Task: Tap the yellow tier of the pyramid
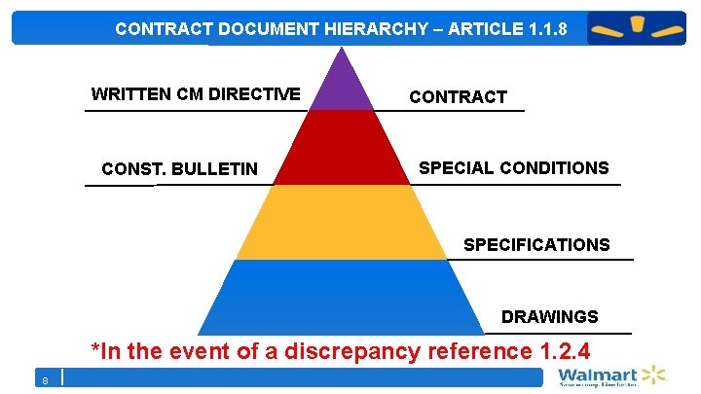coord(340,222)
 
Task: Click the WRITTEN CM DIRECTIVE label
coord(196,94)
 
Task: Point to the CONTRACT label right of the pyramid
coord(458,96)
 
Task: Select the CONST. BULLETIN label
coord(179,169)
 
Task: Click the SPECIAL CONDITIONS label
coord(513,167)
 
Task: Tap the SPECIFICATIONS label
coord(536,244)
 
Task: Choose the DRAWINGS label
coord(549,317)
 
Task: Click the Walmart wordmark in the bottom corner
coord(597,376)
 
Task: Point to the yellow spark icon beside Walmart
coord(652,376)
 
